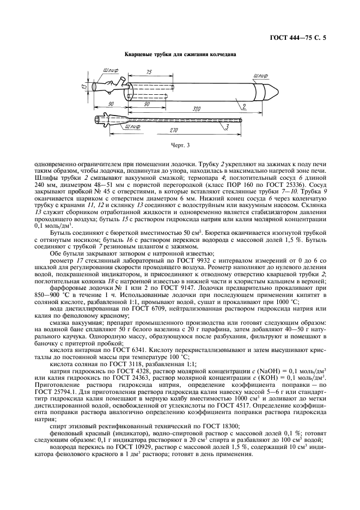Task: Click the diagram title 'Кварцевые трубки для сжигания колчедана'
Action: point(180,56)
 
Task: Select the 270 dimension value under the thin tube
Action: point(174,131)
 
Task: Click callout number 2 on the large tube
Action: point(229,106)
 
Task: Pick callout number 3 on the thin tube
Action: point(226,127)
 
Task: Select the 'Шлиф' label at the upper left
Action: point(108,70)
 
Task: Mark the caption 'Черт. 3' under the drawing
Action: point(180,146)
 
